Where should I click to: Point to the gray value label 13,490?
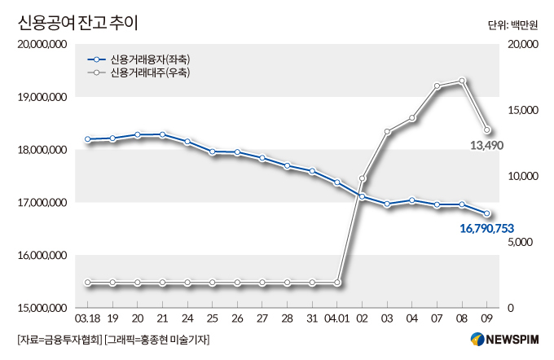(488, 145)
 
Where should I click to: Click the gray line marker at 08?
(462, 81)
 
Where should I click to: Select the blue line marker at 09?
(487, 214)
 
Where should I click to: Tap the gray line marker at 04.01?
(337, 283)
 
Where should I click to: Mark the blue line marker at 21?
(163, 134)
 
